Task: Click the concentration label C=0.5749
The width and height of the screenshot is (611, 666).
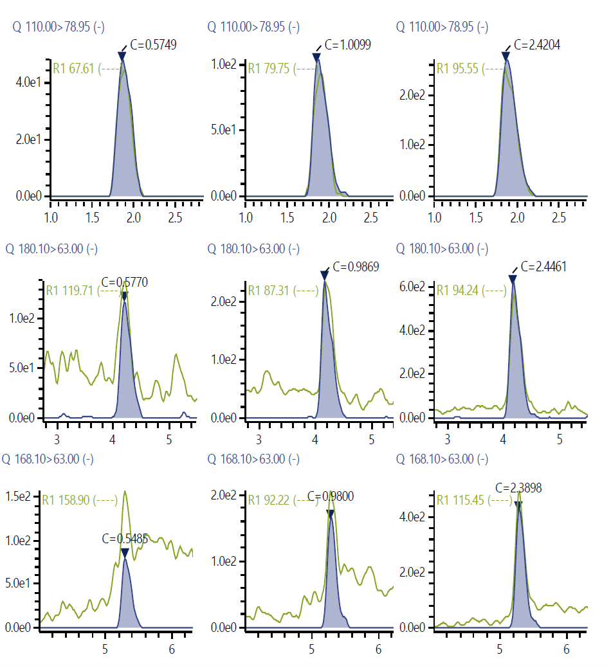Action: (x=153, y=45)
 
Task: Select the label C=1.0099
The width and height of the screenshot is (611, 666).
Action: (x=347, y=45)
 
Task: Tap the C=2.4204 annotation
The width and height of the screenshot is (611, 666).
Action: (x=537, y=45)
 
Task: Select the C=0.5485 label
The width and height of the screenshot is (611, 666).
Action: (x=125, y=539)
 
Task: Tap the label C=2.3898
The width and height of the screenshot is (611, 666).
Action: (x=518, y=488)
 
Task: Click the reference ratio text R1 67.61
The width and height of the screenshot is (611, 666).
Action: (x=75, y=69)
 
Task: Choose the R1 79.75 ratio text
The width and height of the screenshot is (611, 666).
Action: (x=269, y=69)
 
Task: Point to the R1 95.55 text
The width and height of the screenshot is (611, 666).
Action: (x=458, y=69)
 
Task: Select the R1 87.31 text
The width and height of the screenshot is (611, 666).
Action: (x=269, y=290)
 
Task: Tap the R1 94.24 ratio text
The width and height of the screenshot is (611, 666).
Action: (x=458, y=290)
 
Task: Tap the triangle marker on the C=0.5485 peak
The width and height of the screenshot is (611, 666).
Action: (x=125, y=553)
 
